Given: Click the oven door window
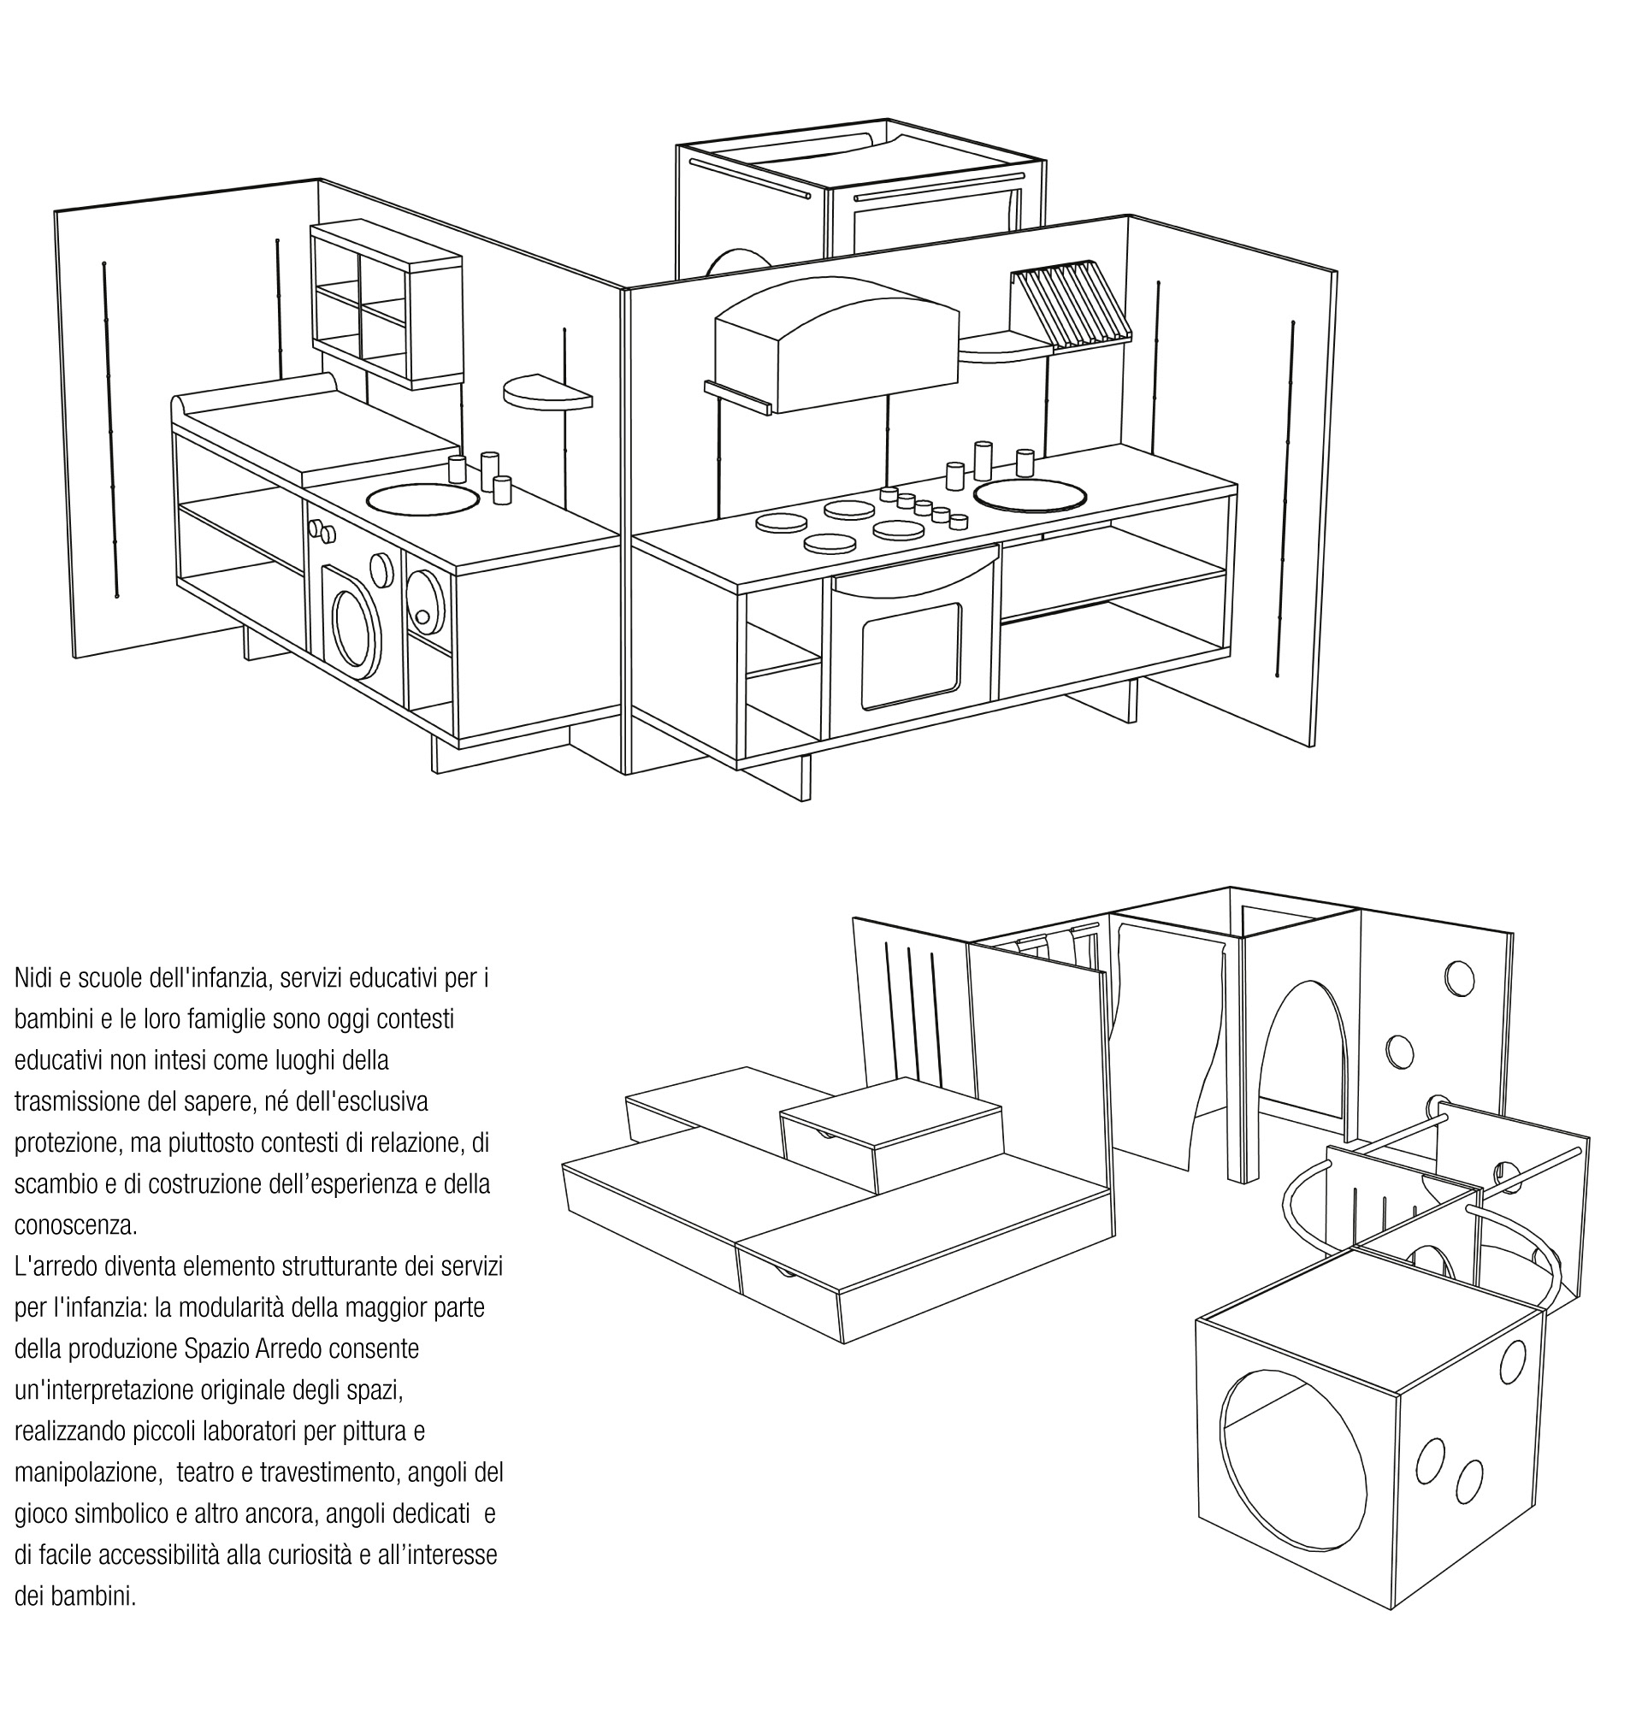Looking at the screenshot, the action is (911, 655).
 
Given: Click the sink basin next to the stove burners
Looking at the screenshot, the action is (1030, 496).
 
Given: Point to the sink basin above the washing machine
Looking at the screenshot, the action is (422, 499).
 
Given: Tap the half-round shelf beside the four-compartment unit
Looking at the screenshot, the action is (546, 391).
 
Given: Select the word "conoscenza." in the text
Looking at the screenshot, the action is (76, 1225).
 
